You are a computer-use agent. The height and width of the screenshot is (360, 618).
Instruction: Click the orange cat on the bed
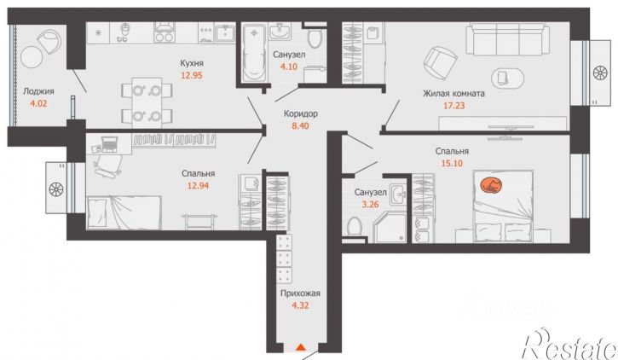tap(491, 185)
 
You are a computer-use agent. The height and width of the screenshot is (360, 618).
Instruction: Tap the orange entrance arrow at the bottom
tap(301, 347)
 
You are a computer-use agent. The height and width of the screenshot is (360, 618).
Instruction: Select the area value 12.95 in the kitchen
tap(192, 75)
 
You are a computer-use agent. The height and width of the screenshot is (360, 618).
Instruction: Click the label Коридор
tap(301, 113)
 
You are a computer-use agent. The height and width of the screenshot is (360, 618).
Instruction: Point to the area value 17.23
tap(454, 105)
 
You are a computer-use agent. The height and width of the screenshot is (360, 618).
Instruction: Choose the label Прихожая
tap(300, 293)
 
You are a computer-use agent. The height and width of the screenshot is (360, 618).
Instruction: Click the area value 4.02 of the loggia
tap(38, 104)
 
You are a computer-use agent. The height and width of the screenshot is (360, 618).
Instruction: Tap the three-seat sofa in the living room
tap(508, 38)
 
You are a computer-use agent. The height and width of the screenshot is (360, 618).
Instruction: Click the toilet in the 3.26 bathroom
tap(355, 226)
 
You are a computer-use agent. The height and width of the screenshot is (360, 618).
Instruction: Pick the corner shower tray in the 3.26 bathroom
tap(390, 228)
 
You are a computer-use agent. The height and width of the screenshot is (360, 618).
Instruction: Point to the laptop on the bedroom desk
tap(110, 144)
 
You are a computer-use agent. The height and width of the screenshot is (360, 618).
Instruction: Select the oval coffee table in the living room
tap(508, 78)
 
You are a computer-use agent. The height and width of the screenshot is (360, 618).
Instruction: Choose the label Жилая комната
tap(453, 94)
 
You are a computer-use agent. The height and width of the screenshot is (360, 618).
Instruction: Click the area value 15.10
tap(452, 163)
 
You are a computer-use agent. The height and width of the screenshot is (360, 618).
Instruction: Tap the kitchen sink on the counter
tap(225, 32)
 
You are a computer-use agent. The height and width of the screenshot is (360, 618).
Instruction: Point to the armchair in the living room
tap(440, 61)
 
